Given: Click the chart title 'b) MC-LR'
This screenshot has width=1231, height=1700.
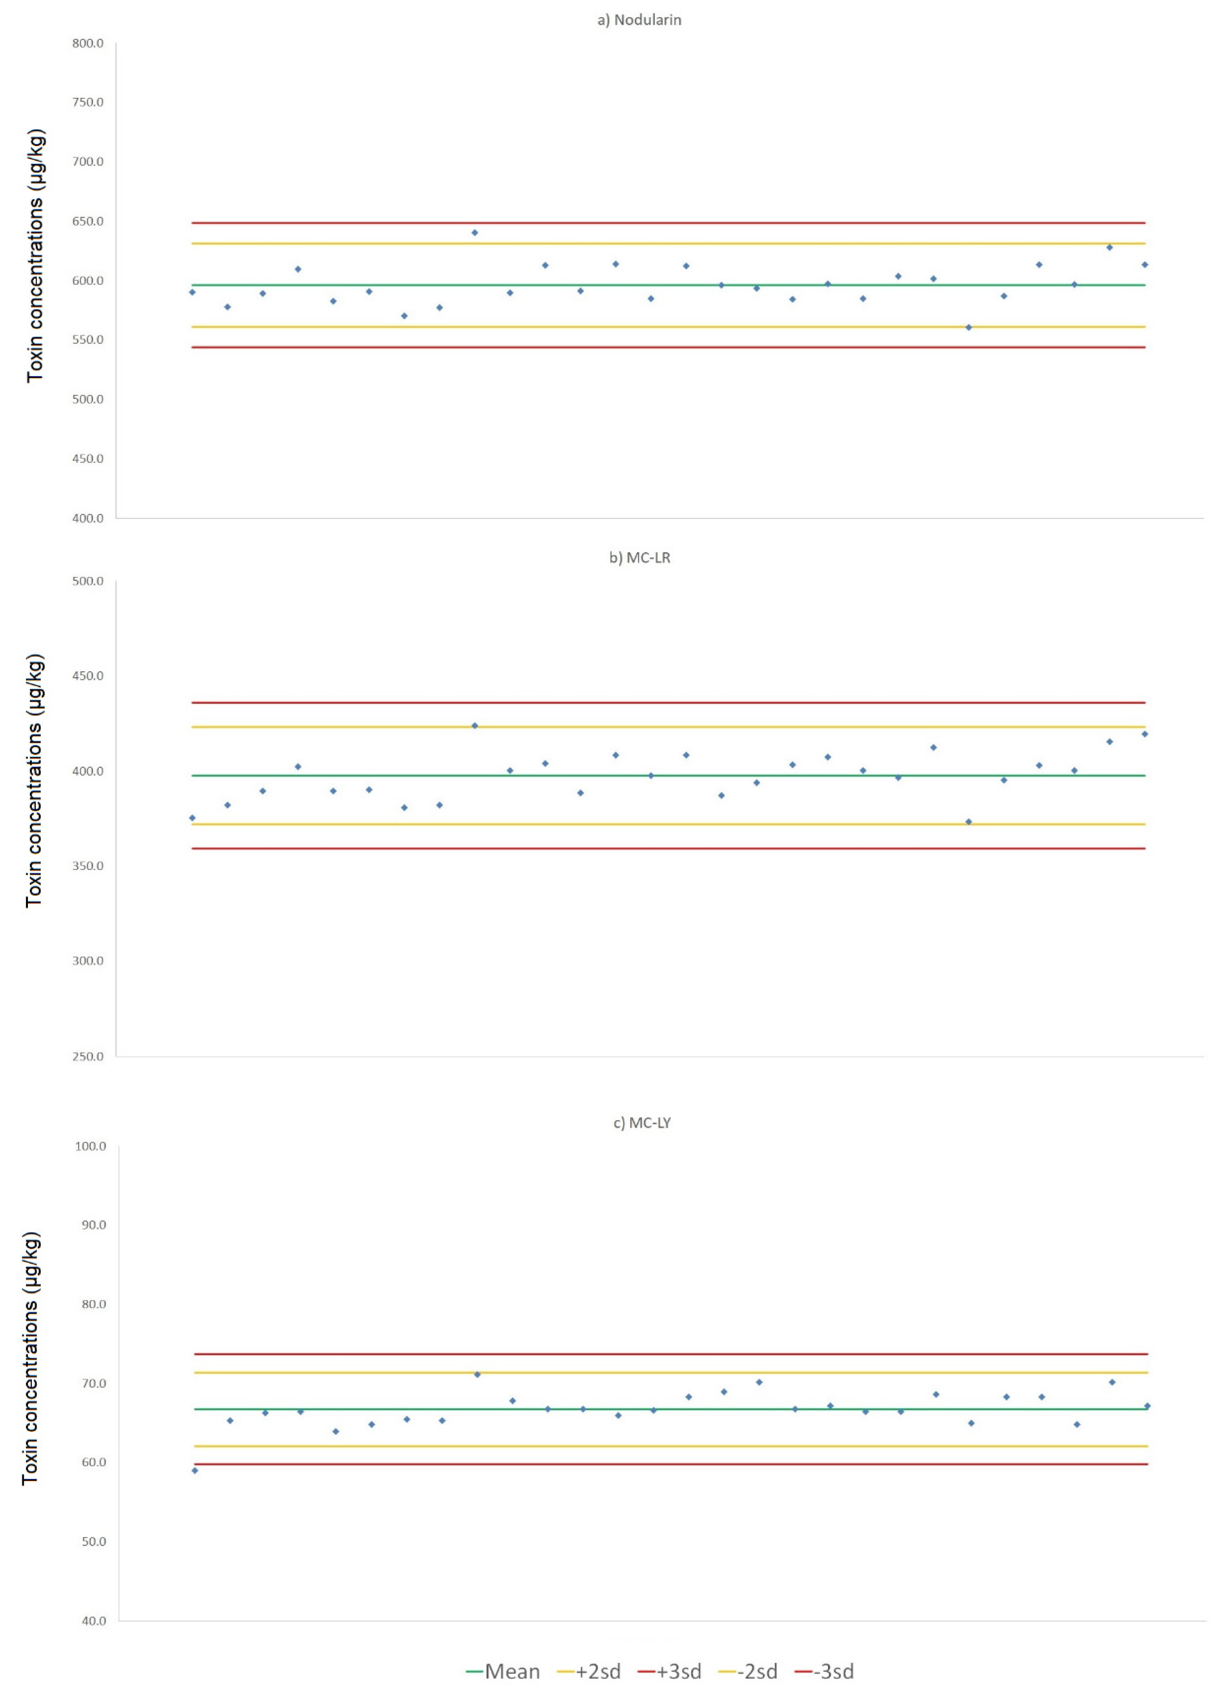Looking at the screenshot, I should tap(640, 558).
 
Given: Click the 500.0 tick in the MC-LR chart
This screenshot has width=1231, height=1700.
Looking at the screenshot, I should tap(88, 581).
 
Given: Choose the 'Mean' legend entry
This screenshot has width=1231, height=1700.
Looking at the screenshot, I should tap(503, 1672).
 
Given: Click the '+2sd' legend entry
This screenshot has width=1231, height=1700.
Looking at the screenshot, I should tap(589, 1672).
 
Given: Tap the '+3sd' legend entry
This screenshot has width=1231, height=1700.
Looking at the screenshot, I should tap(669, 1672).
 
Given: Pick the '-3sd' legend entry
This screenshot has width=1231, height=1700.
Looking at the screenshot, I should tap(824, 1672).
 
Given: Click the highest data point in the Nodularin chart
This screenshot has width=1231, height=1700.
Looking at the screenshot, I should tap(475, 232).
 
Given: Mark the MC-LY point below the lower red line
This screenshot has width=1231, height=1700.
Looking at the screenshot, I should tap(195, 1471).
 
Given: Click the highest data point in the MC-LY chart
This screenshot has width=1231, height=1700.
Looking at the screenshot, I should tap(477, 1374).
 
